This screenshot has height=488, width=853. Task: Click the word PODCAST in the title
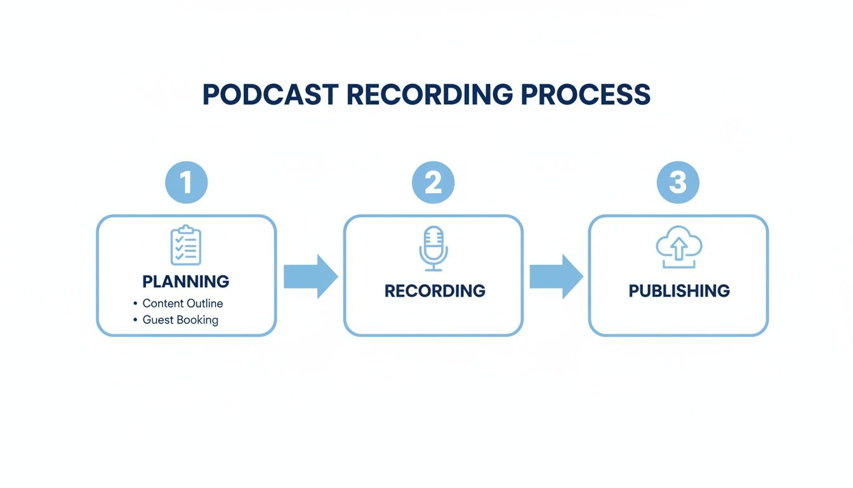[270, 95]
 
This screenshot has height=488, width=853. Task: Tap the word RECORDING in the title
[430, 95]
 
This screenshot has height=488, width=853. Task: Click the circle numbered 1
[186, 182]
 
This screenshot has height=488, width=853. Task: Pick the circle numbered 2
[433, 182]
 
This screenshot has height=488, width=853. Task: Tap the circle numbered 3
[678, 182]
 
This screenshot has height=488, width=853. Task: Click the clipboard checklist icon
[186, 245]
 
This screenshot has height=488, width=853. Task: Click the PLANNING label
[186, 281]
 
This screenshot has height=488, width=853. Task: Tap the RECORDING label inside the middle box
[435, 291]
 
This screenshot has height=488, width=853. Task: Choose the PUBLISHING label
[679, 291]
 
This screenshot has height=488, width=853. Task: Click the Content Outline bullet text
[182, 303]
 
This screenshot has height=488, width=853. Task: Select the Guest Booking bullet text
[180, 320]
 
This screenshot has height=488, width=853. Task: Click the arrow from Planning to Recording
[310, 277]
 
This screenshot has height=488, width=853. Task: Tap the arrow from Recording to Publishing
[556, 277]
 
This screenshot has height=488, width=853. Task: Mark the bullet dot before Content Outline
[135, 303]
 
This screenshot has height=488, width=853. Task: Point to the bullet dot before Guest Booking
[135, 320]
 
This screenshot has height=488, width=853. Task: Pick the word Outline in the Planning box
[204, 303]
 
